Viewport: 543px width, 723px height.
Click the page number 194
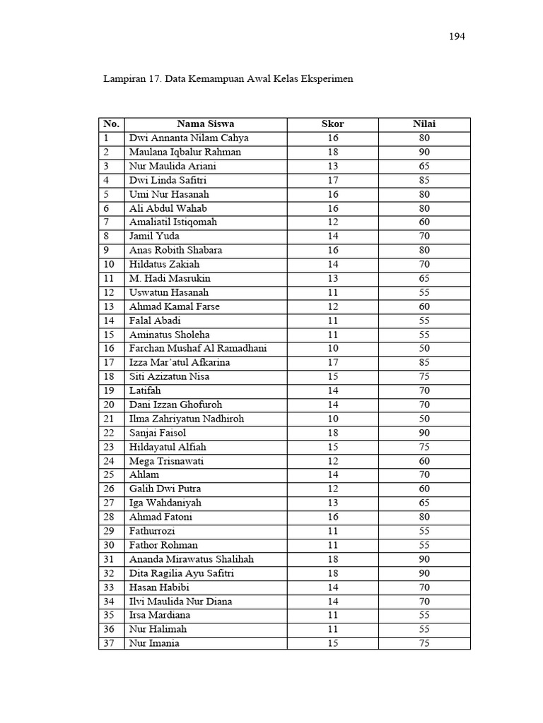click(457, 37)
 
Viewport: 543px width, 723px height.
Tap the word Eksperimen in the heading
click(326, 79)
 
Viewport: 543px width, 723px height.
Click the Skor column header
click(333, 124)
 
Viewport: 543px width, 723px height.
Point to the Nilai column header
click(424, 124)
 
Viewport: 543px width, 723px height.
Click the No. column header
click(112, 124)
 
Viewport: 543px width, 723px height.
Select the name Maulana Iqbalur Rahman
click(185, 153)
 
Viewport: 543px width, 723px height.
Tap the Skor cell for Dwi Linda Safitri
click(333, 180)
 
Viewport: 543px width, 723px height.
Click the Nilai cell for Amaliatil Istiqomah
click(424, 222)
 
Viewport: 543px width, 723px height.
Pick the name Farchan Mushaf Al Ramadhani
click(198, 349)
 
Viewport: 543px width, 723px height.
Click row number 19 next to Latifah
click(109, 390)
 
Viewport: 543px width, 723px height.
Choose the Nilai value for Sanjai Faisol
click(424, 433)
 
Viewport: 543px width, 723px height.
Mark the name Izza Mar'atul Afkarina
click(180, 363)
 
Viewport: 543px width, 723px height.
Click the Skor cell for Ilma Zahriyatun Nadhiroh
click(333, 419)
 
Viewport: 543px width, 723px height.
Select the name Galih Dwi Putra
click(164, 489)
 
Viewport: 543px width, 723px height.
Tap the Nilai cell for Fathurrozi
click(424, 531)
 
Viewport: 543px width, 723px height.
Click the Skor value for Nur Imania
click(333, 643)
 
